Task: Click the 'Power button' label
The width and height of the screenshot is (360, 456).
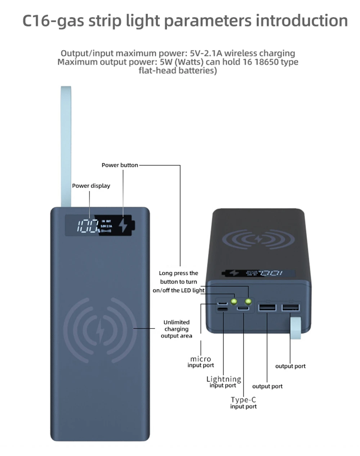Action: (120, 165)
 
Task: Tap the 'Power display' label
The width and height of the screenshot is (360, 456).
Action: (91, 186)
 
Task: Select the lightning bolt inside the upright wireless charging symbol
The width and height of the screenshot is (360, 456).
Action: (99, 330)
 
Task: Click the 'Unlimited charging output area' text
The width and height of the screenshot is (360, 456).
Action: (176, 329)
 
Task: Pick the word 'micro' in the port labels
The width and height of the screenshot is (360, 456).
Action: (201, 359)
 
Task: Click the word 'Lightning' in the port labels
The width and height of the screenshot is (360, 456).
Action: (224, 379)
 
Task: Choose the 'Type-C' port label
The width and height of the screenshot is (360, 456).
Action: (243, 399)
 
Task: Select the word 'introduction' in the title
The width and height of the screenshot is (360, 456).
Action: (302, 21)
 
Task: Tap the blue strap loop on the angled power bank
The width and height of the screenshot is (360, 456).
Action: (296, 327)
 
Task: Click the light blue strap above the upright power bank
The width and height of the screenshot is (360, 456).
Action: (66, 144)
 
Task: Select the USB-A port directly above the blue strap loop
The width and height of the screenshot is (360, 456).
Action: (290, 308)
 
